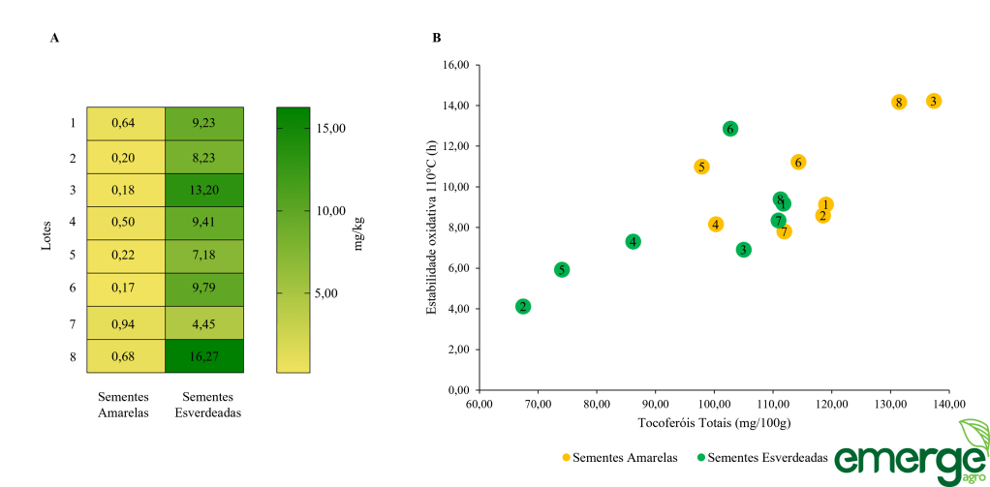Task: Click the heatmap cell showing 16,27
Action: coord(203,356)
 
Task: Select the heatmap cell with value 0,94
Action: coord(125,323)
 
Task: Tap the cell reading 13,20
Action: coord(203,191)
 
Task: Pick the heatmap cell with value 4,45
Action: coord(203,323)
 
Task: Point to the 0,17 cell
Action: coord(125,289)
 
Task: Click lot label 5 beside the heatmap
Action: coord(73,257)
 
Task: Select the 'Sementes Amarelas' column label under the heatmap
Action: coord(125,404)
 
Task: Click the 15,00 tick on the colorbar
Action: coord(330,128)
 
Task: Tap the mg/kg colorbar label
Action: coord(359,233)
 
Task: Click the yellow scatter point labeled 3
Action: coord(934,101)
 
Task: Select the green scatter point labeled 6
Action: coord(730,129)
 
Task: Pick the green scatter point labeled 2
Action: coord(523,307)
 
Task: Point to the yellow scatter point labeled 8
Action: coord(899,103)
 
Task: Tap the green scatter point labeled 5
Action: coord(562,270)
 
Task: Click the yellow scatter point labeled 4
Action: coord(716,225)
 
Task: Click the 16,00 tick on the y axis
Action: coord(456,65)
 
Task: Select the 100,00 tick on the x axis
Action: coord(714,404)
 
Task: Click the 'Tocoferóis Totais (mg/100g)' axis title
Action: coord(714,423)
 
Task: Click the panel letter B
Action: coord(438,38)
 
